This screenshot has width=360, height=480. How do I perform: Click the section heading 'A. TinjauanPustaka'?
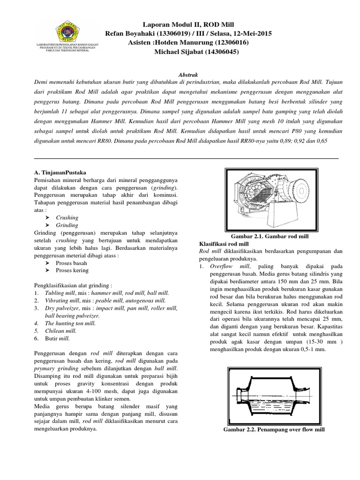tap(60, 172)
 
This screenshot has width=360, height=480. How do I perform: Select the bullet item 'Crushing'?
tap(67, 217)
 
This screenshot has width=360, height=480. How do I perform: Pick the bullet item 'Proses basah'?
tap(72, 263)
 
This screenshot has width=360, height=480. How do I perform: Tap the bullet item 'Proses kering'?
tap(72, 270)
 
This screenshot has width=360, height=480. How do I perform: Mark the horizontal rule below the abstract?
tap(187, 159)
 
